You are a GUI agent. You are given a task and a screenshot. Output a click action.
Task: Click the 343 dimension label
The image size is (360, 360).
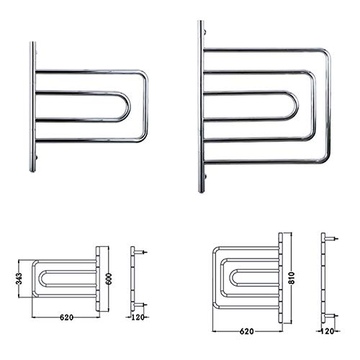click(x=19, y=279)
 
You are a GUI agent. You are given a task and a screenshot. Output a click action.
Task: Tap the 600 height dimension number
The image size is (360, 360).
click(x=109, y=279)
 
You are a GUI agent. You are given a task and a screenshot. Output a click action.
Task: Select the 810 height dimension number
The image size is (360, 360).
click(x=292, y=278)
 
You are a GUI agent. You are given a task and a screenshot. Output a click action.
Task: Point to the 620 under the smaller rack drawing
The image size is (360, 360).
click(x=66, y=318)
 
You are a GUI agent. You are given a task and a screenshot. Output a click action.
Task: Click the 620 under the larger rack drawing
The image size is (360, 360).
click(x=247, y=331)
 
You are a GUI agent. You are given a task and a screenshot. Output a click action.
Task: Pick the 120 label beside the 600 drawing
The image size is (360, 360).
click(x=138, y=318)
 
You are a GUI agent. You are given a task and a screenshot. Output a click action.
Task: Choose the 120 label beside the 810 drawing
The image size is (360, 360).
click(x=328, y=331)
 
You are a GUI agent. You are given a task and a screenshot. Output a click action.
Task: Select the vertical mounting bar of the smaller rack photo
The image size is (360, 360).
click(x=32, y=107)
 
